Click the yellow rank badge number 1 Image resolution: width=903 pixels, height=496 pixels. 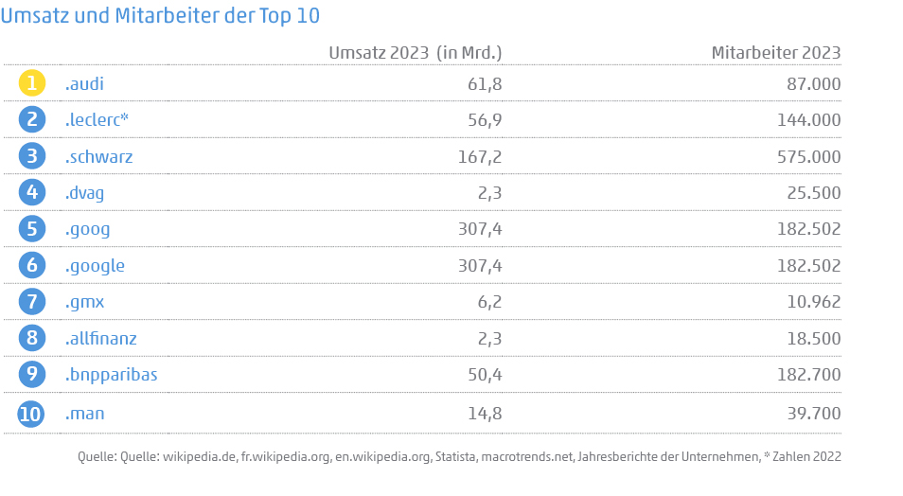32,83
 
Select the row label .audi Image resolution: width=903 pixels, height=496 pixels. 84,84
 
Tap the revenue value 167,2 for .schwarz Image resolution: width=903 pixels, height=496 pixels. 478,156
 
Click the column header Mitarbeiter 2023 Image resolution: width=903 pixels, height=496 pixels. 775,52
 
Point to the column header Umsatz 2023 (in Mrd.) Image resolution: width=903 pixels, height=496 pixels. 415,52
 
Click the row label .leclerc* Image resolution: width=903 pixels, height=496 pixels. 97,119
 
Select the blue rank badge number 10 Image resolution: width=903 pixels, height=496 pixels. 32,414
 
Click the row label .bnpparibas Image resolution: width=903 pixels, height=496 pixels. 111,375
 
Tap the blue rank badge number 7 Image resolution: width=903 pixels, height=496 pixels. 32,302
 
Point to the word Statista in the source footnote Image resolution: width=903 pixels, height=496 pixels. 455,457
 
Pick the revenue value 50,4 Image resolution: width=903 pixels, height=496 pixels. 483,375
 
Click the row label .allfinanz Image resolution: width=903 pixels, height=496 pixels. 101,338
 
